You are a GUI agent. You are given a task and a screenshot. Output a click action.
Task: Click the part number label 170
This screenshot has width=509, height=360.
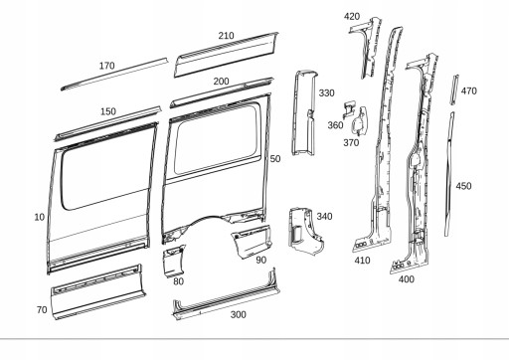coord(106,66)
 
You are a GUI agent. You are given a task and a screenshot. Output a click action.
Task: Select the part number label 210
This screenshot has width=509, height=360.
coord(226,36)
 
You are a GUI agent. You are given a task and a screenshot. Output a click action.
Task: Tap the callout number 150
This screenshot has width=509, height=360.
coord(108,111)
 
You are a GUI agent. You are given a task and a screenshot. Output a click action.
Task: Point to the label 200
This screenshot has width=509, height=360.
coord(221,81)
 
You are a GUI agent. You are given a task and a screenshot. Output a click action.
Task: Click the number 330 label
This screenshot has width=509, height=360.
coord(326,92)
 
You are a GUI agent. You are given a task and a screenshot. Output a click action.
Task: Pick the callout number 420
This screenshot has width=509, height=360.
coord(352,17)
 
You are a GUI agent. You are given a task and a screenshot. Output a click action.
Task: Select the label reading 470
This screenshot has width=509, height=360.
coord(468,90)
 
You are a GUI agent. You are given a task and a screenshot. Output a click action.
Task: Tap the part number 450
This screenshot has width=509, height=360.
coord(463,186)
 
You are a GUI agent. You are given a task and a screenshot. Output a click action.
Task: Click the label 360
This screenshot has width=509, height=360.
coord(335,125)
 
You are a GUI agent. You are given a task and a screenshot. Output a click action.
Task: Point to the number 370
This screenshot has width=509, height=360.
coord(351,143)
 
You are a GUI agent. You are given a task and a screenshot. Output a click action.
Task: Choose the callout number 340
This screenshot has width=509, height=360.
coord(324,216)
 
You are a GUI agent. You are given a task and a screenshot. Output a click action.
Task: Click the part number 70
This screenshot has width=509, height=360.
coord(41,310)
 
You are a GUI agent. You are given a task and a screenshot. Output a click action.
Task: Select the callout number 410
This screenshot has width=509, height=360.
coord(362,262)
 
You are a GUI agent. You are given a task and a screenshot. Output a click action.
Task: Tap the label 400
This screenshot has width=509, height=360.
coord(406,280)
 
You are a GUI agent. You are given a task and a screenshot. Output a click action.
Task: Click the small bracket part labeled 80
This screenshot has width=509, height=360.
coord(175,262)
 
